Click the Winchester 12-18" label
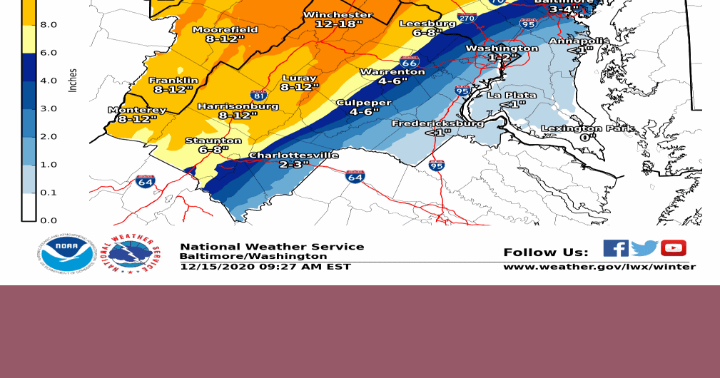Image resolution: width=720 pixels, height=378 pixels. (338, 19)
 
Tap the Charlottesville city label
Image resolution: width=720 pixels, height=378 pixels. (293, 155)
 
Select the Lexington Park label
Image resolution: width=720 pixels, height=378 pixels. (587, 129)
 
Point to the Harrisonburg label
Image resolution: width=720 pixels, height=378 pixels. (238, 106)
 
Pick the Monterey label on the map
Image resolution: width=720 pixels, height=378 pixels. (137, 111)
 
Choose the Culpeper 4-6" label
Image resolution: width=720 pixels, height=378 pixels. (363, 103)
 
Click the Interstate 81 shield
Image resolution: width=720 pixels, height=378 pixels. (259, 95)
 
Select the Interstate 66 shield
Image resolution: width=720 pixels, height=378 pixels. (409, 62)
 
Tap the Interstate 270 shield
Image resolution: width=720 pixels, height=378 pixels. (466, 18)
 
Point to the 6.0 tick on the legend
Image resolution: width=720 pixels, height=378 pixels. (49, 53)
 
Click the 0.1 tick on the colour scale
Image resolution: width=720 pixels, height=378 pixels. (49, 193)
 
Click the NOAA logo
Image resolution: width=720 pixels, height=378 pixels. (66, 255)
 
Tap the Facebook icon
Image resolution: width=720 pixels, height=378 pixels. (615, 248)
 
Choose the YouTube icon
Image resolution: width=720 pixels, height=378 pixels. (673, 248)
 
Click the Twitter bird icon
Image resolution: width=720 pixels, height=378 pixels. (644, 248)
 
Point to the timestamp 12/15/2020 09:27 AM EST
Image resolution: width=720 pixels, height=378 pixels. (265, 267)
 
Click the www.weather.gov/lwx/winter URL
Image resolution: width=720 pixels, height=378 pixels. (599, 267)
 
